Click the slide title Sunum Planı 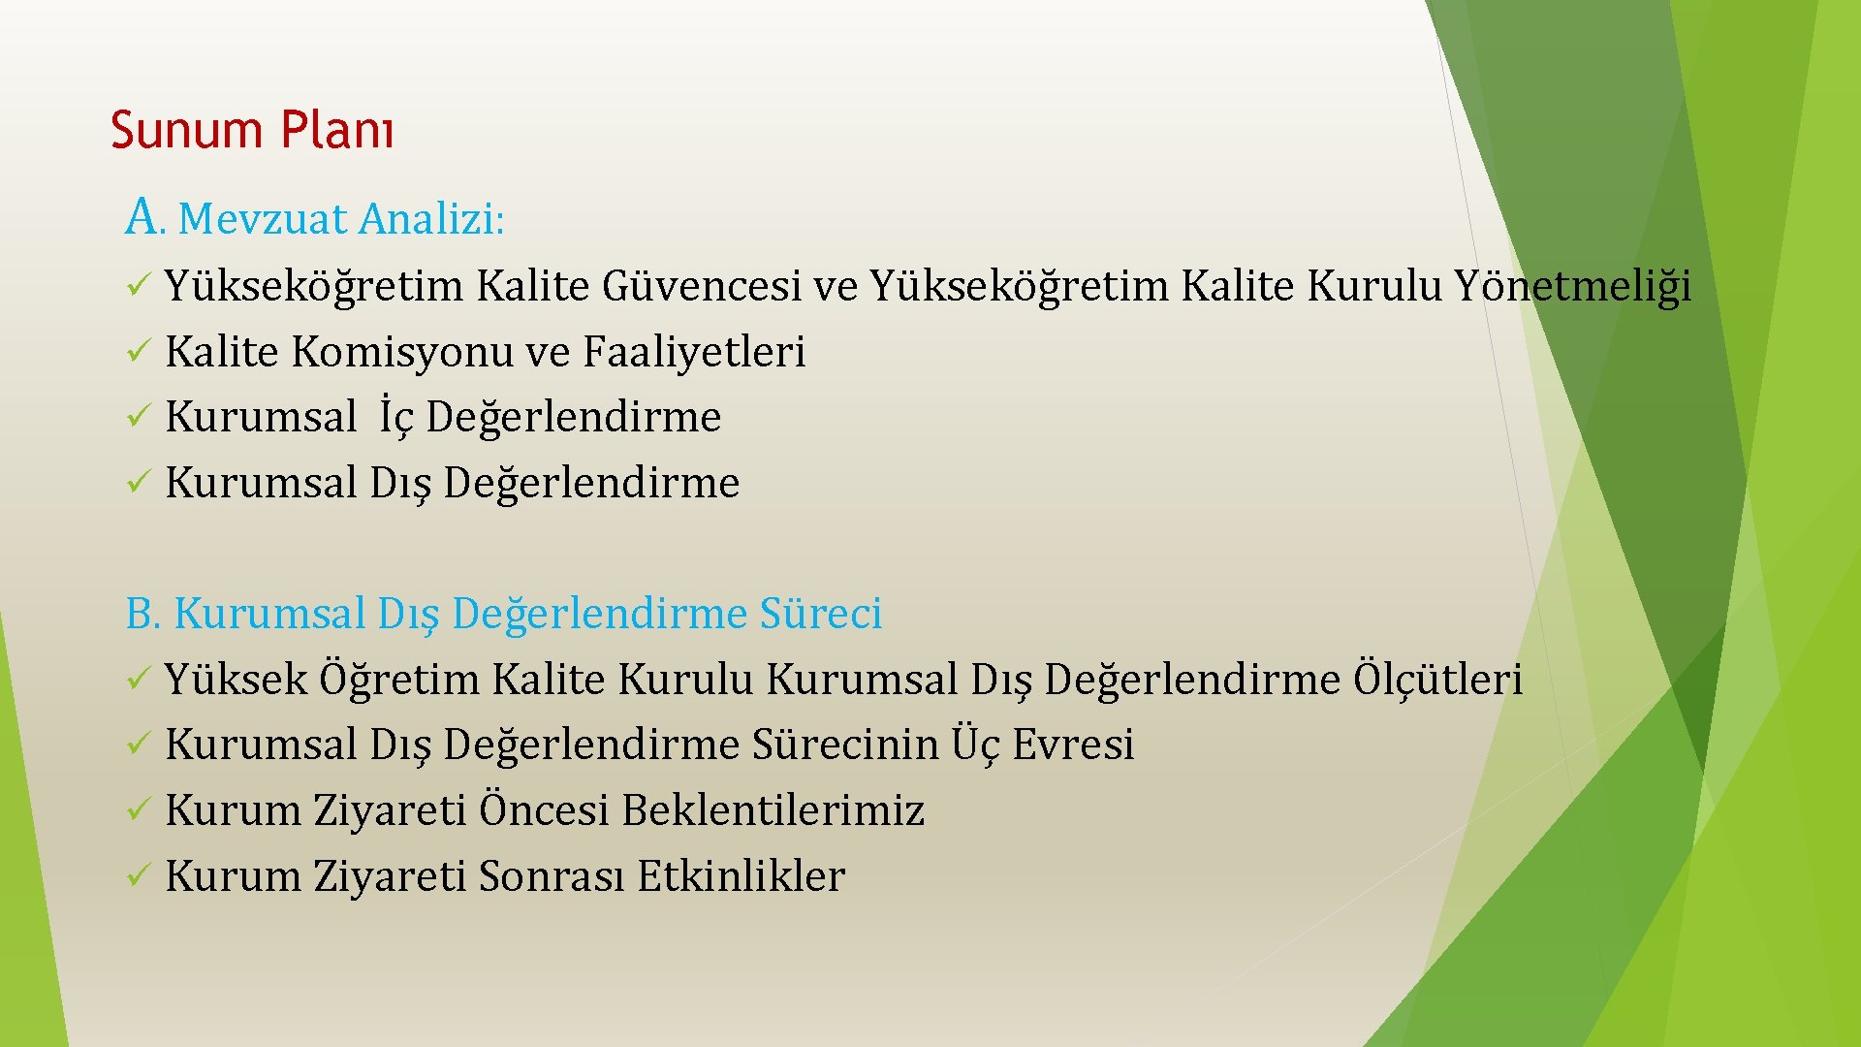coord(252,130)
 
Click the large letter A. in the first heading coord(143,216)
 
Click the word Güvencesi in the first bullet coord(702,287)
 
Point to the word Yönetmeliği coord(1572,287)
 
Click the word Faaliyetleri coord(694,353)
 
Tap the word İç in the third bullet coord(396,417)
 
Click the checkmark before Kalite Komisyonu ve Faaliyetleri coord(137,351)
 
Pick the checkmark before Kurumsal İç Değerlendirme coord(137,417)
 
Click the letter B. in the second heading coord(142,614)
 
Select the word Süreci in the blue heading coord(820,614)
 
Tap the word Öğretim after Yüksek coord(398,680)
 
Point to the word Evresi coord(1073,746)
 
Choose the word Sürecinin coord(845,746)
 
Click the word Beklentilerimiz coord(773,811)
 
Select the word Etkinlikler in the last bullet coord(741,876)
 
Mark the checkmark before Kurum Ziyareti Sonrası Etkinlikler coord(137,876)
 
